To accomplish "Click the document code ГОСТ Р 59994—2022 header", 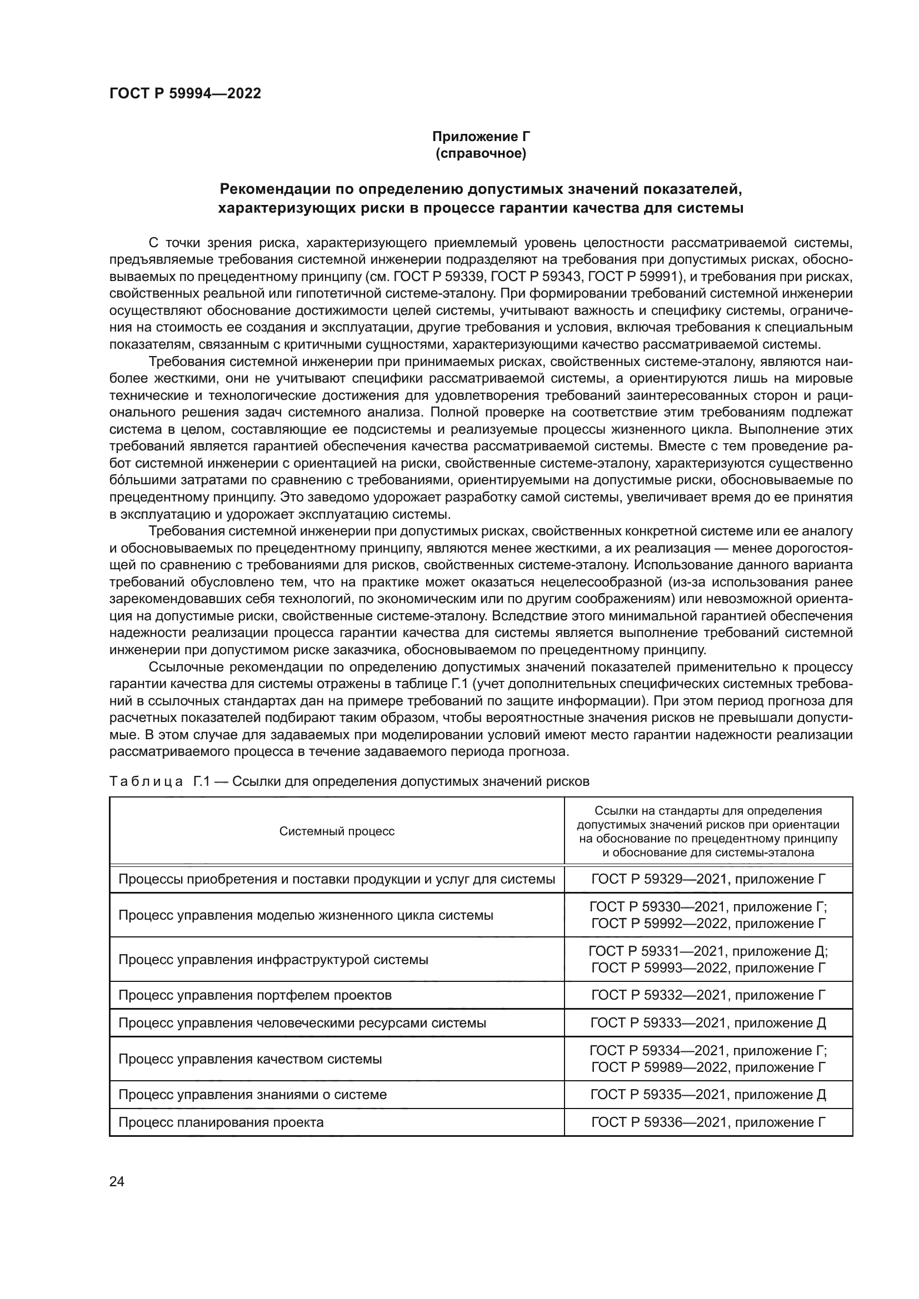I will point(185,94).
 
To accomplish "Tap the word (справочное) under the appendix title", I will point(481,153).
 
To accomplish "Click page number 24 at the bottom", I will point(117,1181).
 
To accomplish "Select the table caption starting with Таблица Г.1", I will point(349,781).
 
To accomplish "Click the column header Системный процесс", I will point(337,831).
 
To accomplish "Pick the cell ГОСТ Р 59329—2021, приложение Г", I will point(708,879).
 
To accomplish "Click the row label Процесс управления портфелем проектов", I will point(254,995).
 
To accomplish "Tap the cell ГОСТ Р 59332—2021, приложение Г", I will point(708,995).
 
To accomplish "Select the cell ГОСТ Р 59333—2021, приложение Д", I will point(708,1023).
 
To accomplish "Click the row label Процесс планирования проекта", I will point(221,1122).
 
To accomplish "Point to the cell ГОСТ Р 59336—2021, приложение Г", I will point(708,1122).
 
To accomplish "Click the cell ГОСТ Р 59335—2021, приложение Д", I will point(708,1094).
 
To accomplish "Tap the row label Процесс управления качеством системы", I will point(249,1059).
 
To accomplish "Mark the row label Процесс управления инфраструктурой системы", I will point(273,960).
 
